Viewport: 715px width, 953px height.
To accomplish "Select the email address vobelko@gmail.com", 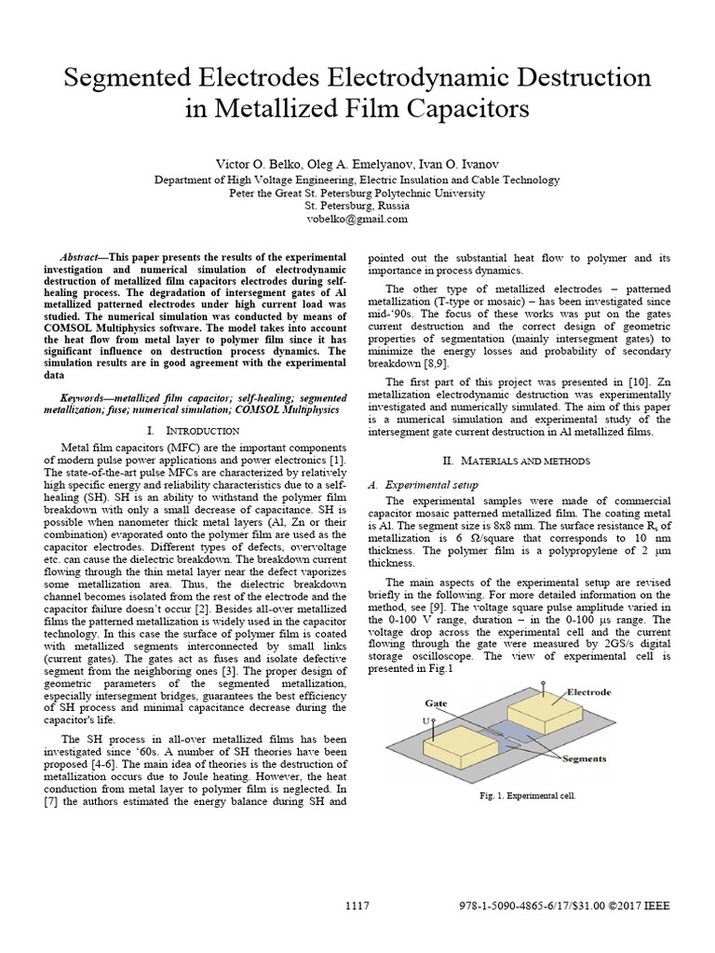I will point(357,219).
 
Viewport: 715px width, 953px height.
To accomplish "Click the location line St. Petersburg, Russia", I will point(357,206).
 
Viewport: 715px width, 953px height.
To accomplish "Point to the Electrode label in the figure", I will point(590,692).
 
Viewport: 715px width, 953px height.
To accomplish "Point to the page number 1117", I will point(357,906).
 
